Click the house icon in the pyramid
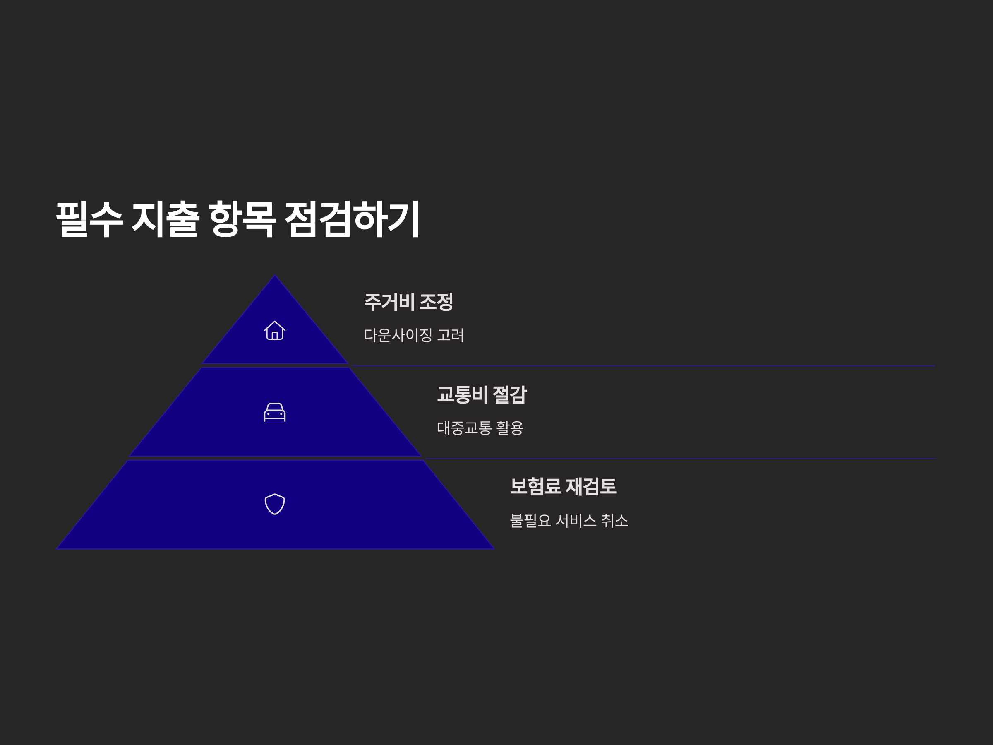[x=275, y=331]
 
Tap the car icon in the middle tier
[x=275, y=412]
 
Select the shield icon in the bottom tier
[x=275, y=504]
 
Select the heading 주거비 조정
[x=408, y=302]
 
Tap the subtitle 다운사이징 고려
[x=413, y=335]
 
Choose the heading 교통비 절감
[x=482, y=394]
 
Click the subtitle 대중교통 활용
[x=480, y=428]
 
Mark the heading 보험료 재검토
[x=563, y=486]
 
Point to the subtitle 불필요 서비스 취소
[x=569, y=521]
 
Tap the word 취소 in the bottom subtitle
[x=614, y=521]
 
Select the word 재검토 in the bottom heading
[x=591, y=486]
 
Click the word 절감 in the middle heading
[x=509, y=394]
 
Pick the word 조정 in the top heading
[x=436, y=302]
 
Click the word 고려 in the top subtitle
[x=451, y=335]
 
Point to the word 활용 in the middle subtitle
[x=509, y=428]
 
